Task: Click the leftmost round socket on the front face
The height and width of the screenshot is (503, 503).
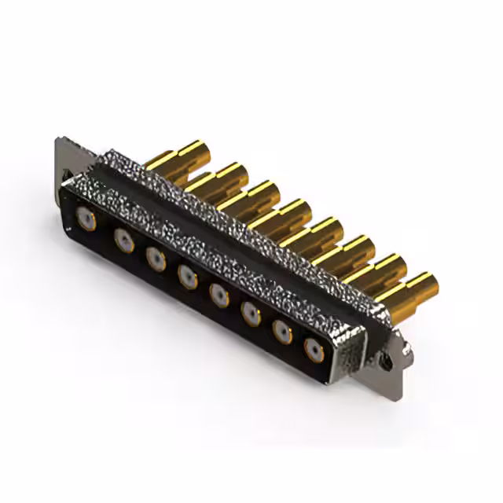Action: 83,218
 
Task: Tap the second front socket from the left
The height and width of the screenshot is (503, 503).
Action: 123,240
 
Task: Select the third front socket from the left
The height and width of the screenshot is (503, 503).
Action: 156,258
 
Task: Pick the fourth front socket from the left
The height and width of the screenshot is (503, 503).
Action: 187,275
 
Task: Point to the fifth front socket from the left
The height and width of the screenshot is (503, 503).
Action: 219,295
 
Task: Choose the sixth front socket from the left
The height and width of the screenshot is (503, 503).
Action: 251,313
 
